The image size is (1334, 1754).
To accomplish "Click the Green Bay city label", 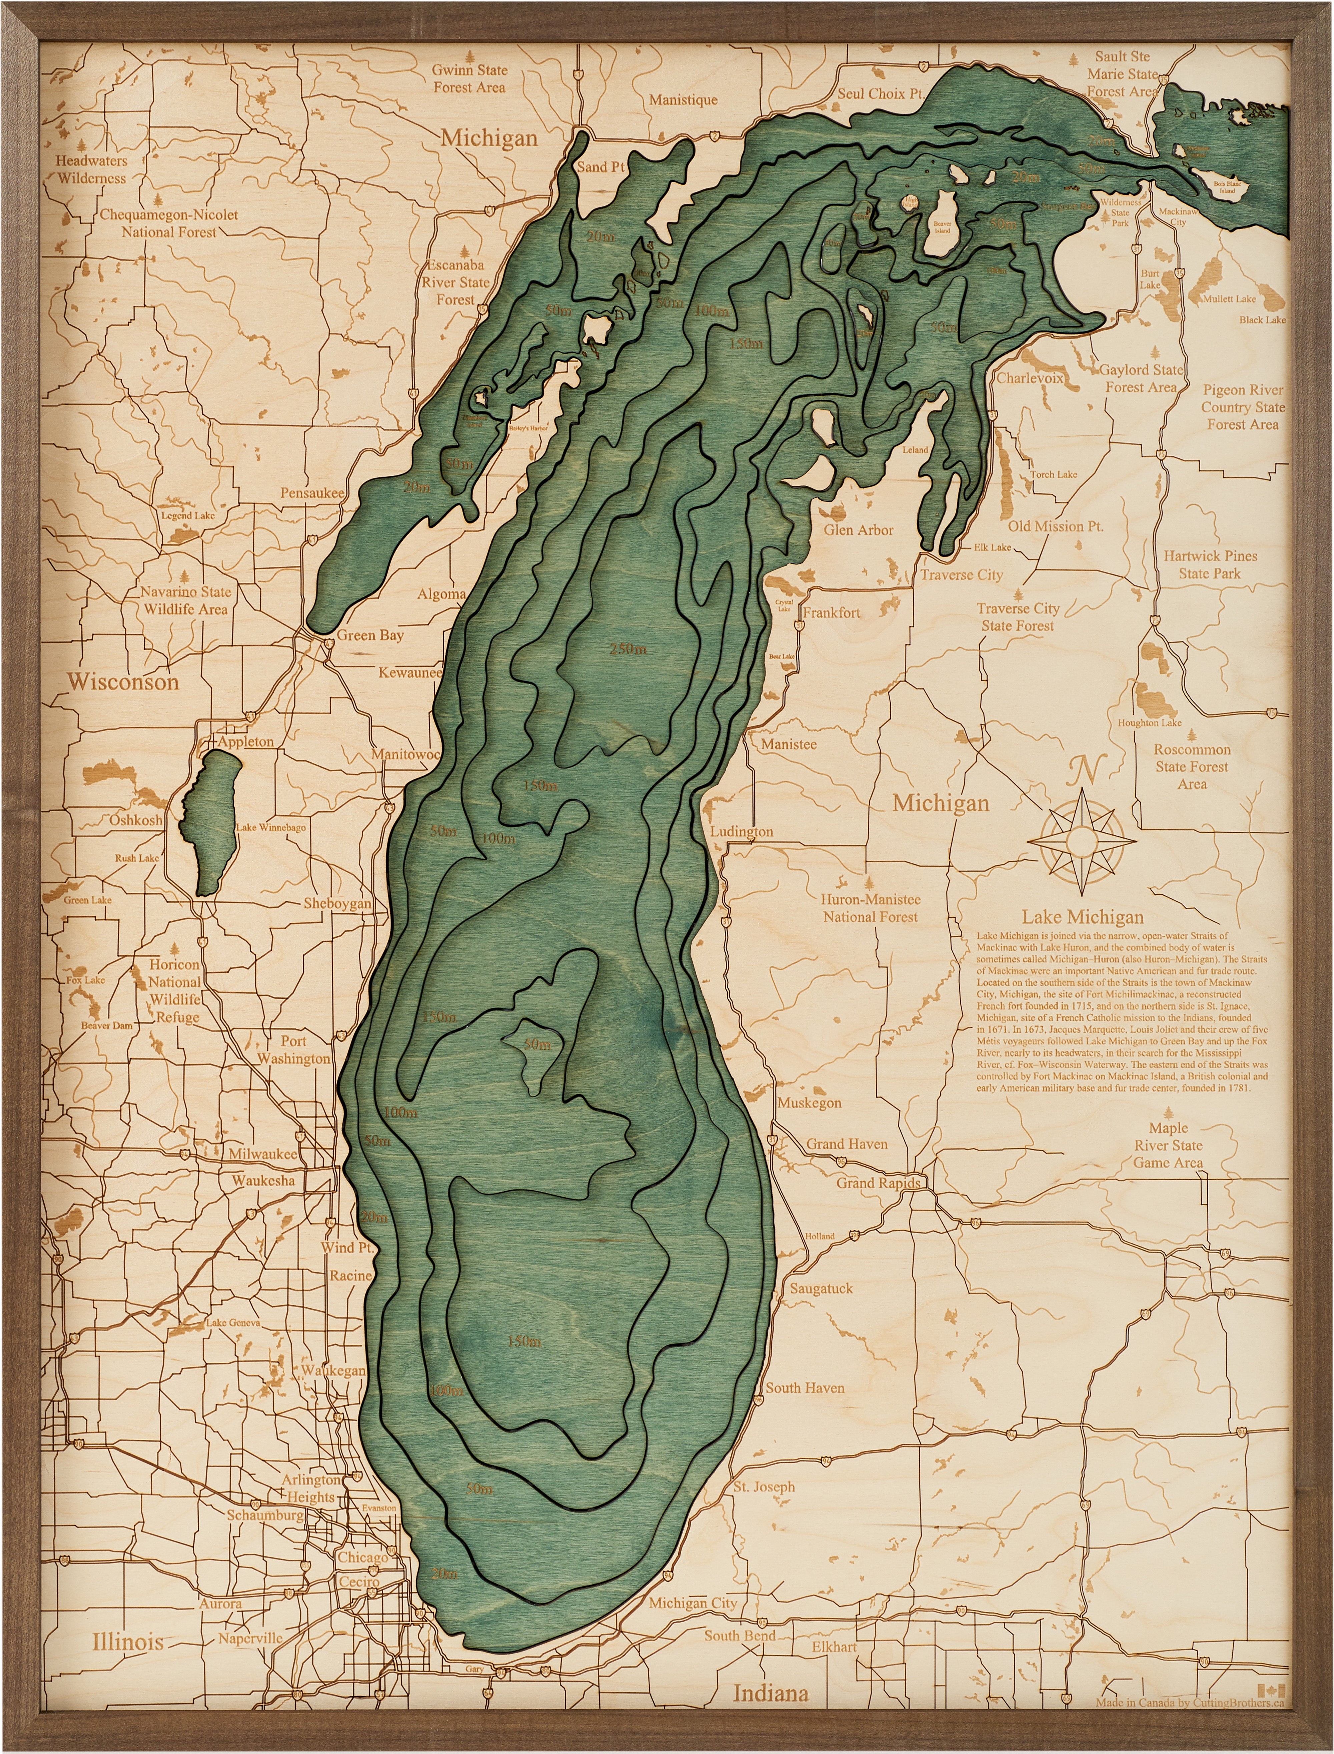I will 370,635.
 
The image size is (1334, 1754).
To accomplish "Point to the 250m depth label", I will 627,649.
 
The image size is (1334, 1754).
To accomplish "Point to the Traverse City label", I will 961,575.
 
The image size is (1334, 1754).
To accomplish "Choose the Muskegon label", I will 809,1103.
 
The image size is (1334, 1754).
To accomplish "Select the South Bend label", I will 739,1636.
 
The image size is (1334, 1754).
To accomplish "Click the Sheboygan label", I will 337,904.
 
